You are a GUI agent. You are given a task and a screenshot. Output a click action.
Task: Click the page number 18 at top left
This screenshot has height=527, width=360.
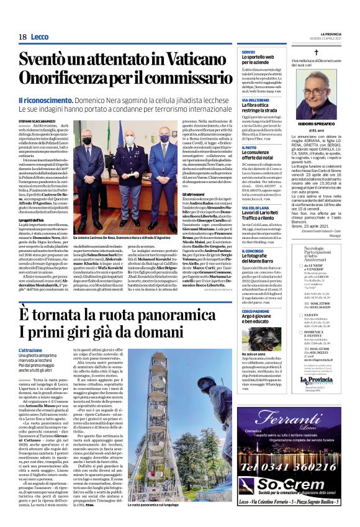click(x=22, y=37)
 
